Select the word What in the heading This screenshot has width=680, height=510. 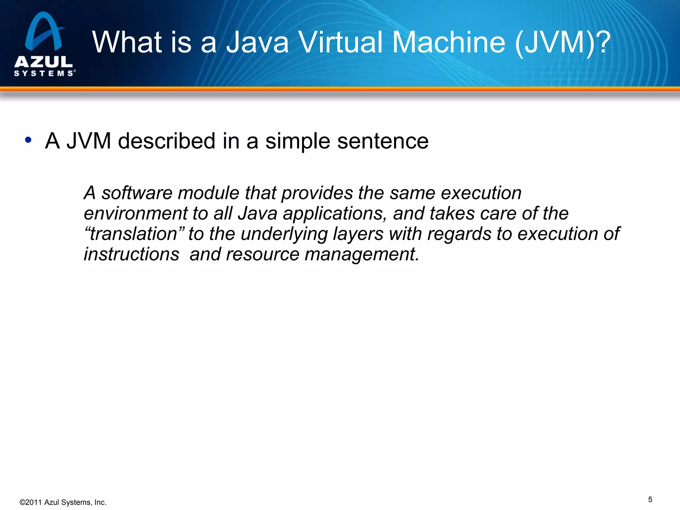tap(127, 42)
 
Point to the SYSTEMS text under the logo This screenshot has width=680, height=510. tap(43, 73)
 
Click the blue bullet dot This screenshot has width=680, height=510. tap(28, 140)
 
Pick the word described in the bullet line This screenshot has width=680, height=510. tap(167, 141)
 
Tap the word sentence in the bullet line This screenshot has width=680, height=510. tap(383, 141)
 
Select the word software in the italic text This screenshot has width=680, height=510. tap(137, 193)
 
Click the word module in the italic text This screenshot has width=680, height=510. tap(209, 193)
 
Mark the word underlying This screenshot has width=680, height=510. tap(284, 234)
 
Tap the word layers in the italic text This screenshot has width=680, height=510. tap(358, 234)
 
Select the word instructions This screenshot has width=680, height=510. tap(131, 254)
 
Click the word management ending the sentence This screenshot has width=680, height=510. tap(362, 254)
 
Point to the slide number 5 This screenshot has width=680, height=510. tap(650, 500)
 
